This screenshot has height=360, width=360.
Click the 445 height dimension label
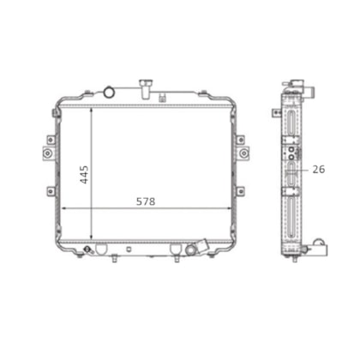click(x=84, y=175)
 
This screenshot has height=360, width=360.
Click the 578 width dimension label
click(x=146, y=201)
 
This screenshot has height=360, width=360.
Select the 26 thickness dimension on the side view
click(x=319, y=170)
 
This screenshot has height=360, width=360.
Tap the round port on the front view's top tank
click(x=109, y=92)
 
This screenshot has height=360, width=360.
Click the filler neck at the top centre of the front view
click(x=146, y=89)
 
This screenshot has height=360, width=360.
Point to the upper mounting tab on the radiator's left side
click(x=51, y=140)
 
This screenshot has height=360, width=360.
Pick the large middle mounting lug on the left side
click(x=48, y=153)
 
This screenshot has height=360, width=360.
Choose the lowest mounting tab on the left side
click(x=51, y=191)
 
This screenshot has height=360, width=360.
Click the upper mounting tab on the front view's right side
click(x=241, y=140)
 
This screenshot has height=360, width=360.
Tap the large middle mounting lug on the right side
click(x=243, y=153)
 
